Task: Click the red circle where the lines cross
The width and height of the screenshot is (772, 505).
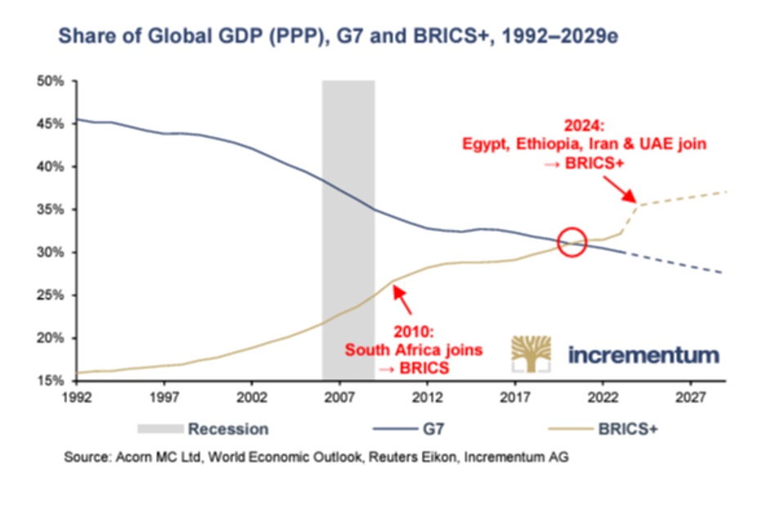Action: click(x=573, y=243)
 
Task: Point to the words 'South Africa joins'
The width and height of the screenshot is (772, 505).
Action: click(x=413, y=350)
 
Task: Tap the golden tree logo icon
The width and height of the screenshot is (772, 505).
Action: click(x=533, y=354)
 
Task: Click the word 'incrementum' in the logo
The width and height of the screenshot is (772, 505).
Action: click(x=644, y=354)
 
